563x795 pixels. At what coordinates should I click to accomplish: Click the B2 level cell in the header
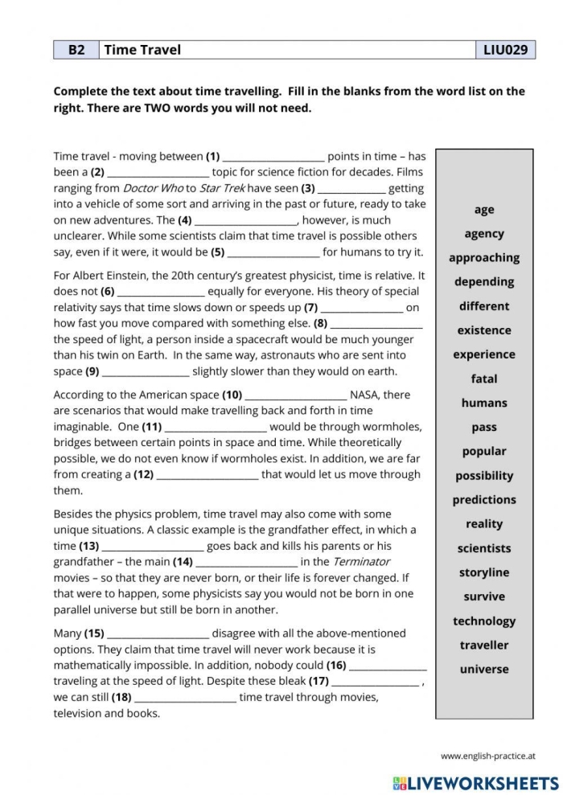coord(76,50)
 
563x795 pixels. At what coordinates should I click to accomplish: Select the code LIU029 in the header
coord(505,50)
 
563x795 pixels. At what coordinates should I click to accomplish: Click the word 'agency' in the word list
coord(484,234)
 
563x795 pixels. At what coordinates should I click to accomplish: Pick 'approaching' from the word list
coord(484,258)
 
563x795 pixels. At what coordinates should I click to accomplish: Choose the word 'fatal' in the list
coord(484,379)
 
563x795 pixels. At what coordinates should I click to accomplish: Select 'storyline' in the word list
coord(484,572)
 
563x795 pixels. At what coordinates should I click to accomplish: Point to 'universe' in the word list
coord(484,669)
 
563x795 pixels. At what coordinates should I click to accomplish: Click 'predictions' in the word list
coord(484,500)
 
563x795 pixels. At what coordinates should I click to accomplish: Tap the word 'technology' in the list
coord(484,621)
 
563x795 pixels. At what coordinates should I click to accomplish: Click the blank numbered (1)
coord(273,157)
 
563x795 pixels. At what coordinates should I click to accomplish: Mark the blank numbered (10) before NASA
coord(295,395)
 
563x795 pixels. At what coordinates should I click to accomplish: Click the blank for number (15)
coord(158,633)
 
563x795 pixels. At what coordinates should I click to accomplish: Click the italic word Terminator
coord(361,562)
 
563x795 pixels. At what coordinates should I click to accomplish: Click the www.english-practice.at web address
coord(487,756)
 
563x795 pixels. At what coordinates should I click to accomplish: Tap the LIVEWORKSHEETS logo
coord(475,782)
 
